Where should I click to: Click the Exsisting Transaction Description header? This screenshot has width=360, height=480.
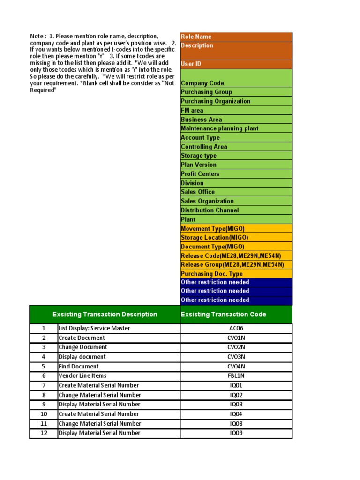105,315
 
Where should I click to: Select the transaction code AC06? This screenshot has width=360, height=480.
236,329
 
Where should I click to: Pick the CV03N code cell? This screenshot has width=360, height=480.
236,357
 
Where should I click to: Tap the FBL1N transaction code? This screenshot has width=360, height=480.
236,376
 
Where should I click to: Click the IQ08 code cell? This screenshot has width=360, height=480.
236,424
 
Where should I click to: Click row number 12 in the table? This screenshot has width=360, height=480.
44,433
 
